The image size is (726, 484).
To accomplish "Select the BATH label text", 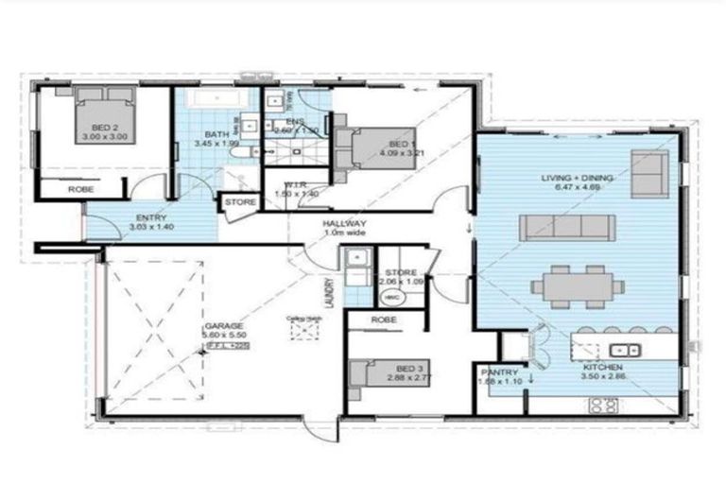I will point(216,135).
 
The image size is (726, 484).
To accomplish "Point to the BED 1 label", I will point(399,145).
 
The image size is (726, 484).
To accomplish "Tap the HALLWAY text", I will point(344,224).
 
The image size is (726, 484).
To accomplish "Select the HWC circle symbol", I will point(391,296).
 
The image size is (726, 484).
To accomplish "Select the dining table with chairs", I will point(577,284).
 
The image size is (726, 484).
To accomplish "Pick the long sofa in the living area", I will point(567,227).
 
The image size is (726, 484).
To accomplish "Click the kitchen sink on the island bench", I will point(624,347).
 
